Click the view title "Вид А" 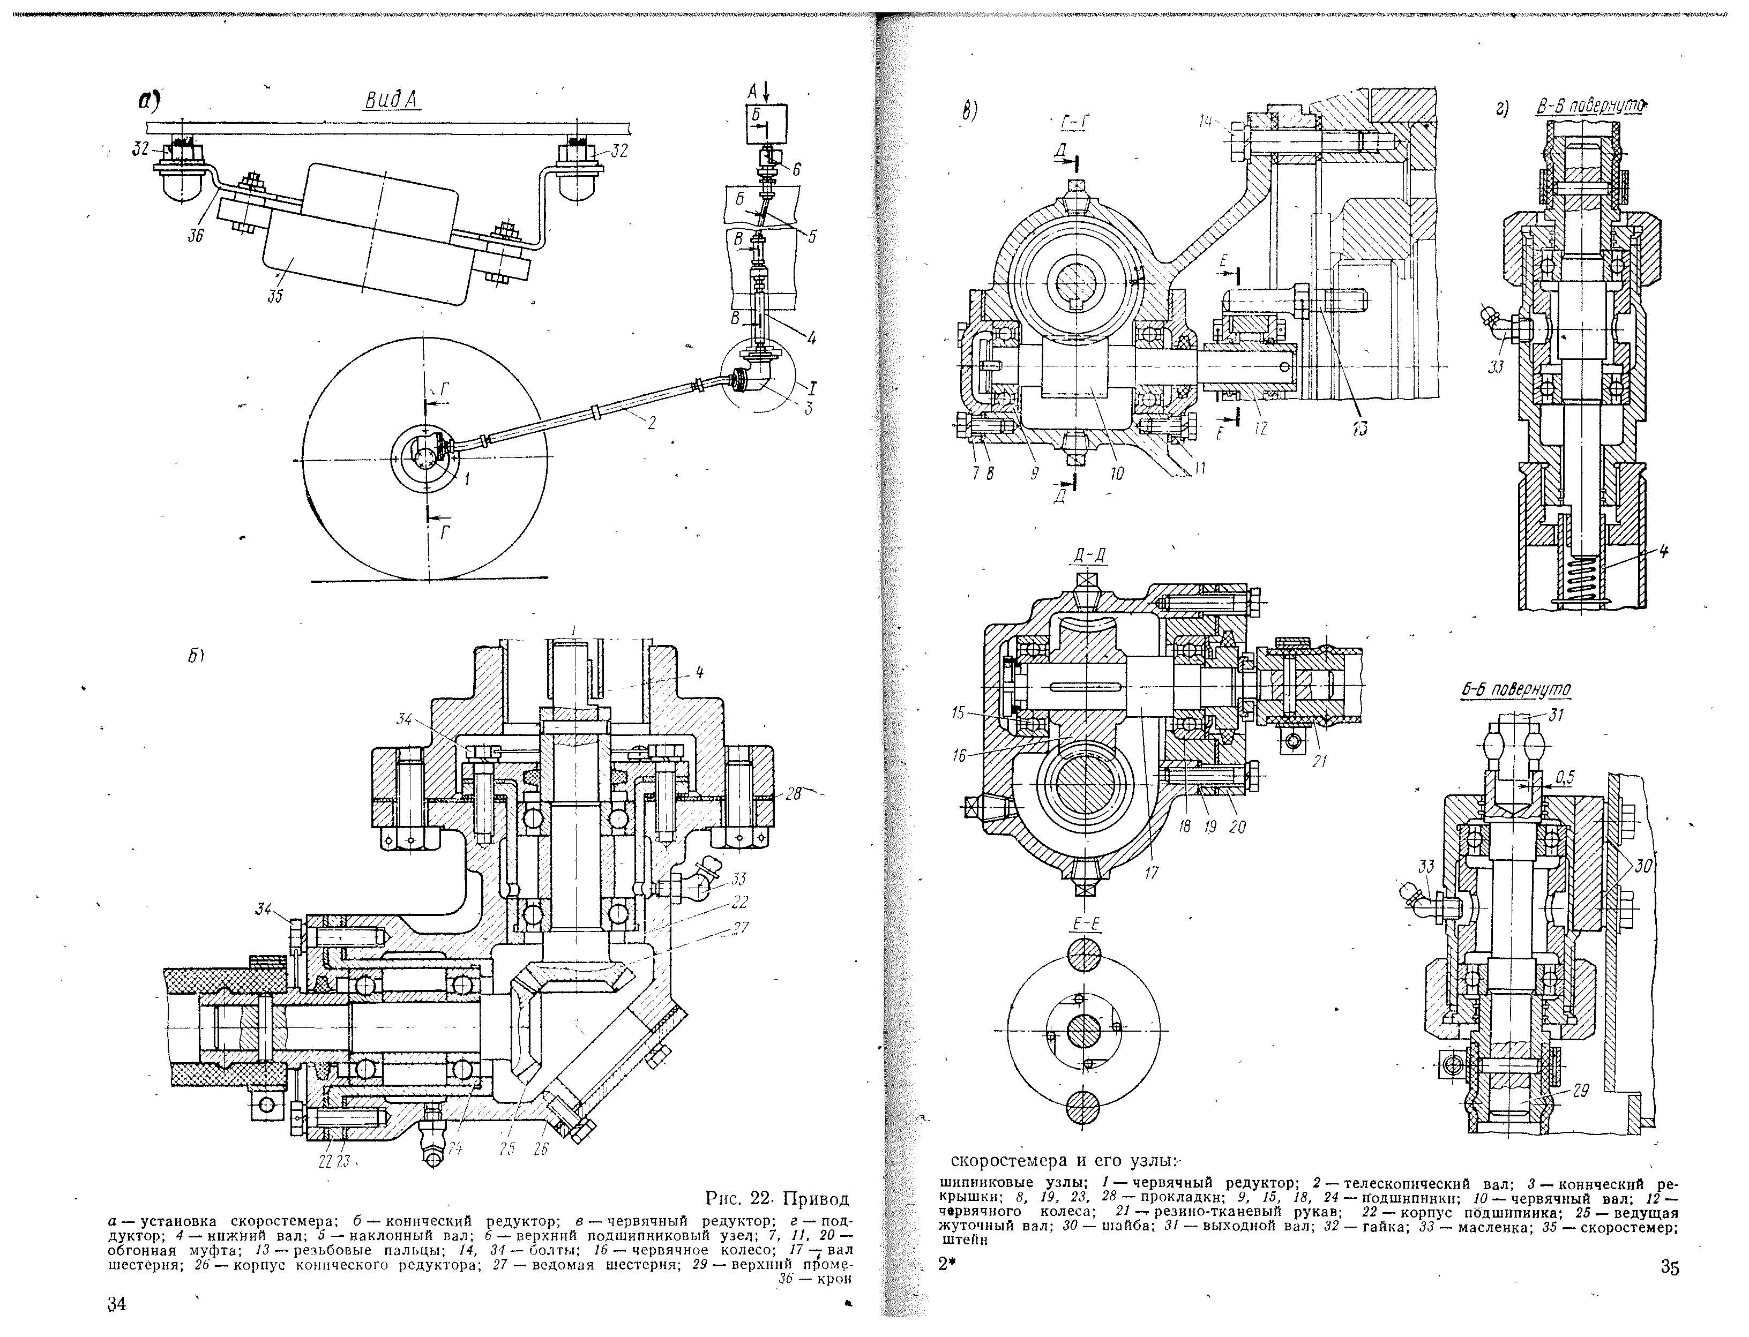[392, 101]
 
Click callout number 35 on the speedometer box [275, 296]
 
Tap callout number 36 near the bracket [195, 236]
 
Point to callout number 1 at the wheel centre [467, 479]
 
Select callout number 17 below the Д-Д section [1151, 873]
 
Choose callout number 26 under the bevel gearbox [541, 1149]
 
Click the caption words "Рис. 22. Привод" [777, 1198]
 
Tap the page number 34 [117, 1304]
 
